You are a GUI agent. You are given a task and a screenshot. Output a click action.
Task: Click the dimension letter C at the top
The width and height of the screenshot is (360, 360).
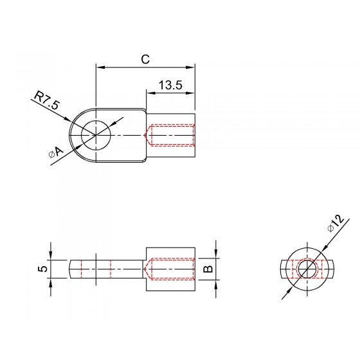(x=145, y=59)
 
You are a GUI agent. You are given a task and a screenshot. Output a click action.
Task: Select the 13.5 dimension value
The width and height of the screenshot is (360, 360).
(x=170, y=85)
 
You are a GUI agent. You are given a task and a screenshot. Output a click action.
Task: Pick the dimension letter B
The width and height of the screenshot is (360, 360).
(x=208, y=269)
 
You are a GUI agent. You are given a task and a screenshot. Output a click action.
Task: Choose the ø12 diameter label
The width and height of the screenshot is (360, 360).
(x=336, y=223)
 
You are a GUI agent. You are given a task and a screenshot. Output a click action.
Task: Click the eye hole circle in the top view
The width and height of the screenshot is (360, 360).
(x=96, y=135)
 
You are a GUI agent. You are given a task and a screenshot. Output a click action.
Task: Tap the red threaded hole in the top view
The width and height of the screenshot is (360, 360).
(x=170, y=135)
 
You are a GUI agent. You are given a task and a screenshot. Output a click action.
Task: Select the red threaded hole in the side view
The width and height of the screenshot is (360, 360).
(x=170, y=269)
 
